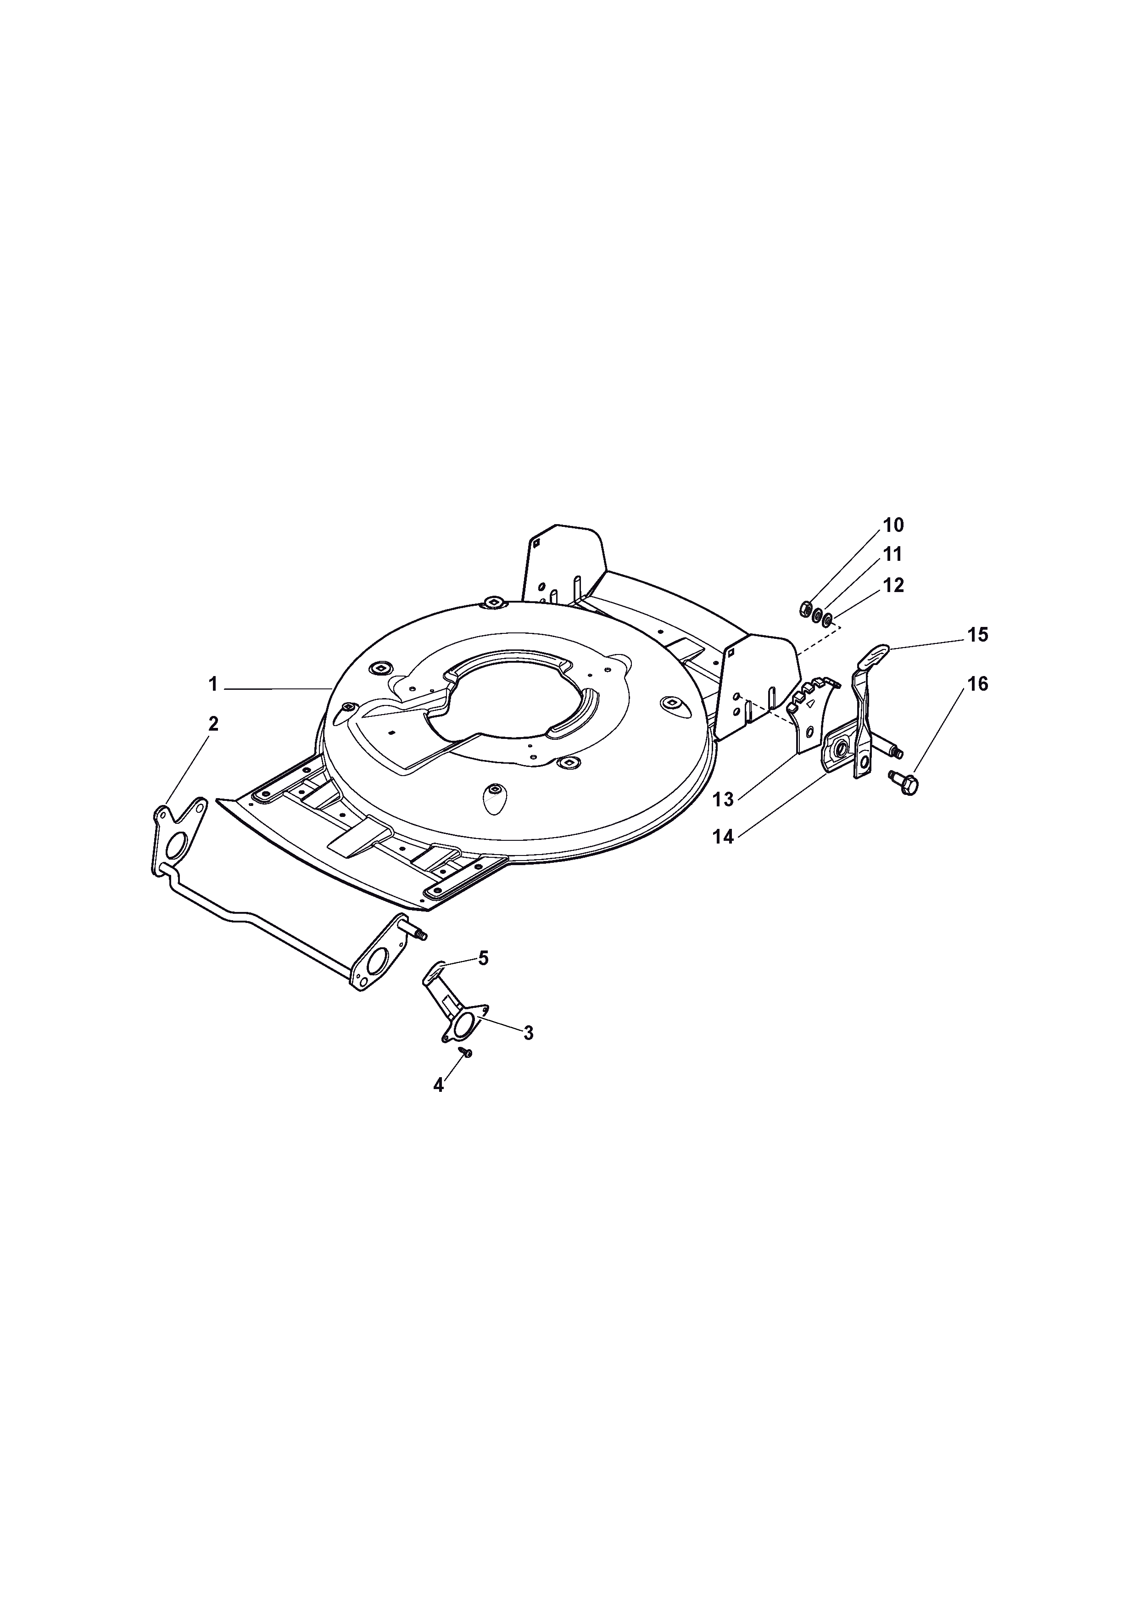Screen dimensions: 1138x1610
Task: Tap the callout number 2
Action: (x=213, y=724)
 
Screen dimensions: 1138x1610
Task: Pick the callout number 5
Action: (x=483, y=958)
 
